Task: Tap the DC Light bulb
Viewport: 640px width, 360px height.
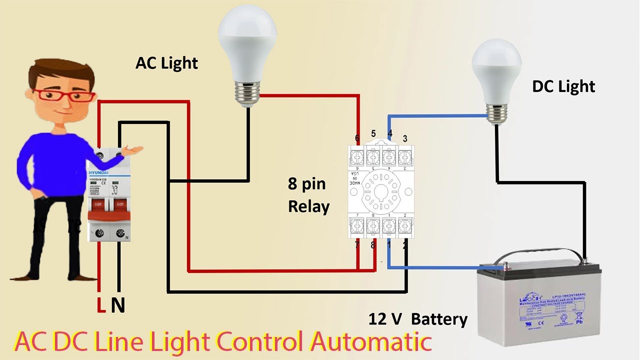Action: [x=496, y=70]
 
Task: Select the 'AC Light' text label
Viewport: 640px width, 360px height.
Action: [x=166, y=63]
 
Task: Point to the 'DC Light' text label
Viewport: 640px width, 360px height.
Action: [x=563, y=86]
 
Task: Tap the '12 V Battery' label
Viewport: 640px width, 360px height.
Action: [x=418, y=319]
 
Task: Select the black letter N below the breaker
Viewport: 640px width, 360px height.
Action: [x=118, y=304]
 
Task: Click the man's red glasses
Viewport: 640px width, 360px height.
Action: [x=64, y=95]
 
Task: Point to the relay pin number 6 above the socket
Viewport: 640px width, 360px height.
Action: [x=357, y=138]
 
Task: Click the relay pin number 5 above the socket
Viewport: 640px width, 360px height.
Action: [x=373, y=133]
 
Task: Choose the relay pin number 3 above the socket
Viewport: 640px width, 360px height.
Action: [x=405, y=138]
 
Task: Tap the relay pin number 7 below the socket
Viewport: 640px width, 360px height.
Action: [x=357, y=245]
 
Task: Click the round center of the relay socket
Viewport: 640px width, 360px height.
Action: [x=381, y=190]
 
